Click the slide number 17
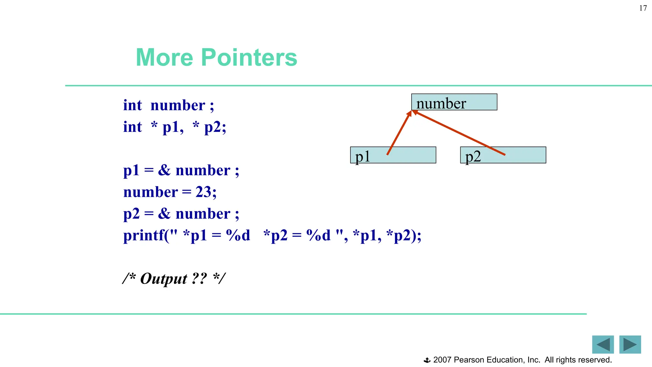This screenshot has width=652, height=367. tap(643, 8)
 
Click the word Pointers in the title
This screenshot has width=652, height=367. tap(249, 58)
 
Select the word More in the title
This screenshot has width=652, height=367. tap(164, 58)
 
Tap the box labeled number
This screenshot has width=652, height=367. tap(454, 102)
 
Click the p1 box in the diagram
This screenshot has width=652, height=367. tap(393, 155)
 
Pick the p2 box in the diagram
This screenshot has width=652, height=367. tap(503, 155)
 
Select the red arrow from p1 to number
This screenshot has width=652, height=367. tap(399, 133)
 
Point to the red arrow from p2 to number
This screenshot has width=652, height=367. tap(459, 133)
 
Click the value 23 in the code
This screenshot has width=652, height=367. tap(203, 192)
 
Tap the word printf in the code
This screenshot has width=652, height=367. tap(144, 236)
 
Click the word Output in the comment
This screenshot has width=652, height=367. tap(164, 279)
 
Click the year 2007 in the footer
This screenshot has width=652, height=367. tap(442, 360)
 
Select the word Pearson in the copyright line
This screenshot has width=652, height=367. tap(469, 360)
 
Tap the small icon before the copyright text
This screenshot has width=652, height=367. tap(427, 360)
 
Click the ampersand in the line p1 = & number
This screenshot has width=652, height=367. tap(164, 170)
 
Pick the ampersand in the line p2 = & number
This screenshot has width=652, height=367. tap(164, 213)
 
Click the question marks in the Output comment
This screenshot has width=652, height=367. tap(200, 279)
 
